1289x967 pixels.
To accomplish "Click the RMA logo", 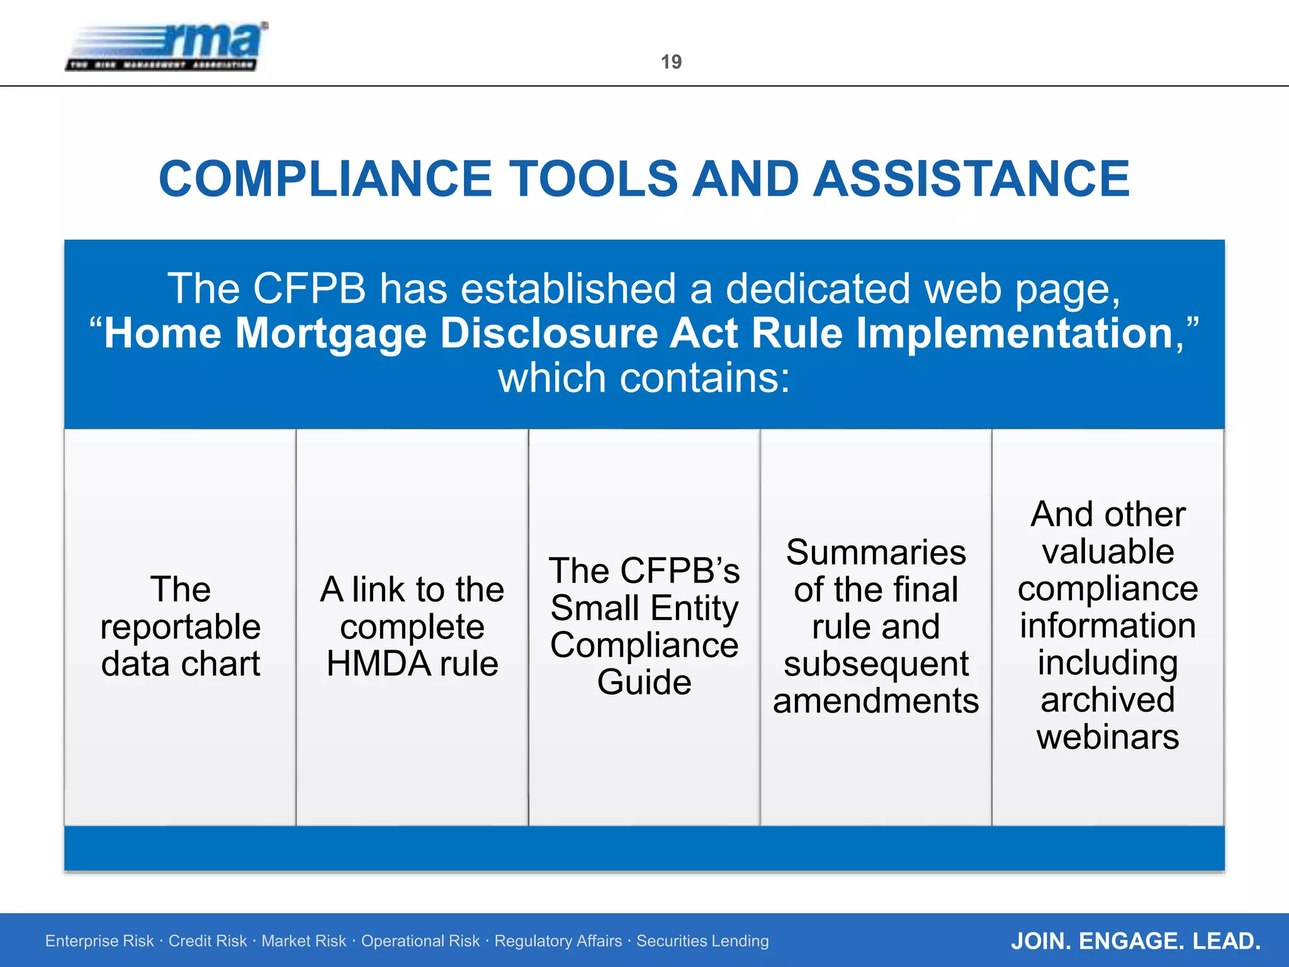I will pos(167,47).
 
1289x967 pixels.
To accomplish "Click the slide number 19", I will pos(671,62).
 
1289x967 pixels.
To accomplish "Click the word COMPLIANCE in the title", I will pos(325,179).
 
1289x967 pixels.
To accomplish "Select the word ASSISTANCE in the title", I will pos(971,179).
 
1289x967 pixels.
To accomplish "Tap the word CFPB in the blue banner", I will pos(309,289).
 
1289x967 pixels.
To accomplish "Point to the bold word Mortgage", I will pos(330,333).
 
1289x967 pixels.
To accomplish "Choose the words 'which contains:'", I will pos(644,378).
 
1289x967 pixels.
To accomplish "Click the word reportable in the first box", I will pos(181,627).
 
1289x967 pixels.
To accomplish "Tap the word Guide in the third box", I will pos(644,682).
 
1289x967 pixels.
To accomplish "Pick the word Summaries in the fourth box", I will pos(875,553).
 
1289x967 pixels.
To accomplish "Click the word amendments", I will pos(875,701).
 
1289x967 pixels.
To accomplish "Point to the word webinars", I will pos(1108,737).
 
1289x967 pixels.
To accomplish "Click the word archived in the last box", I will pos(1108,700).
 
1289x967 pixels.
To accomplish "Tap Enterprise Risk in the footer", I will pos(99,941).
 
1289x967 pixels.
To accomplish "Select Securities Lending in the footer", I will pos(702,941).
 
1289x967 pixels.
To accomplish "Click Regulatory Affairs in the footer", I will pos(558,941).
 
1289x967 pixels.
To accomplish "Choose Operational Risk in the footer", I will pos(420,941).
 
